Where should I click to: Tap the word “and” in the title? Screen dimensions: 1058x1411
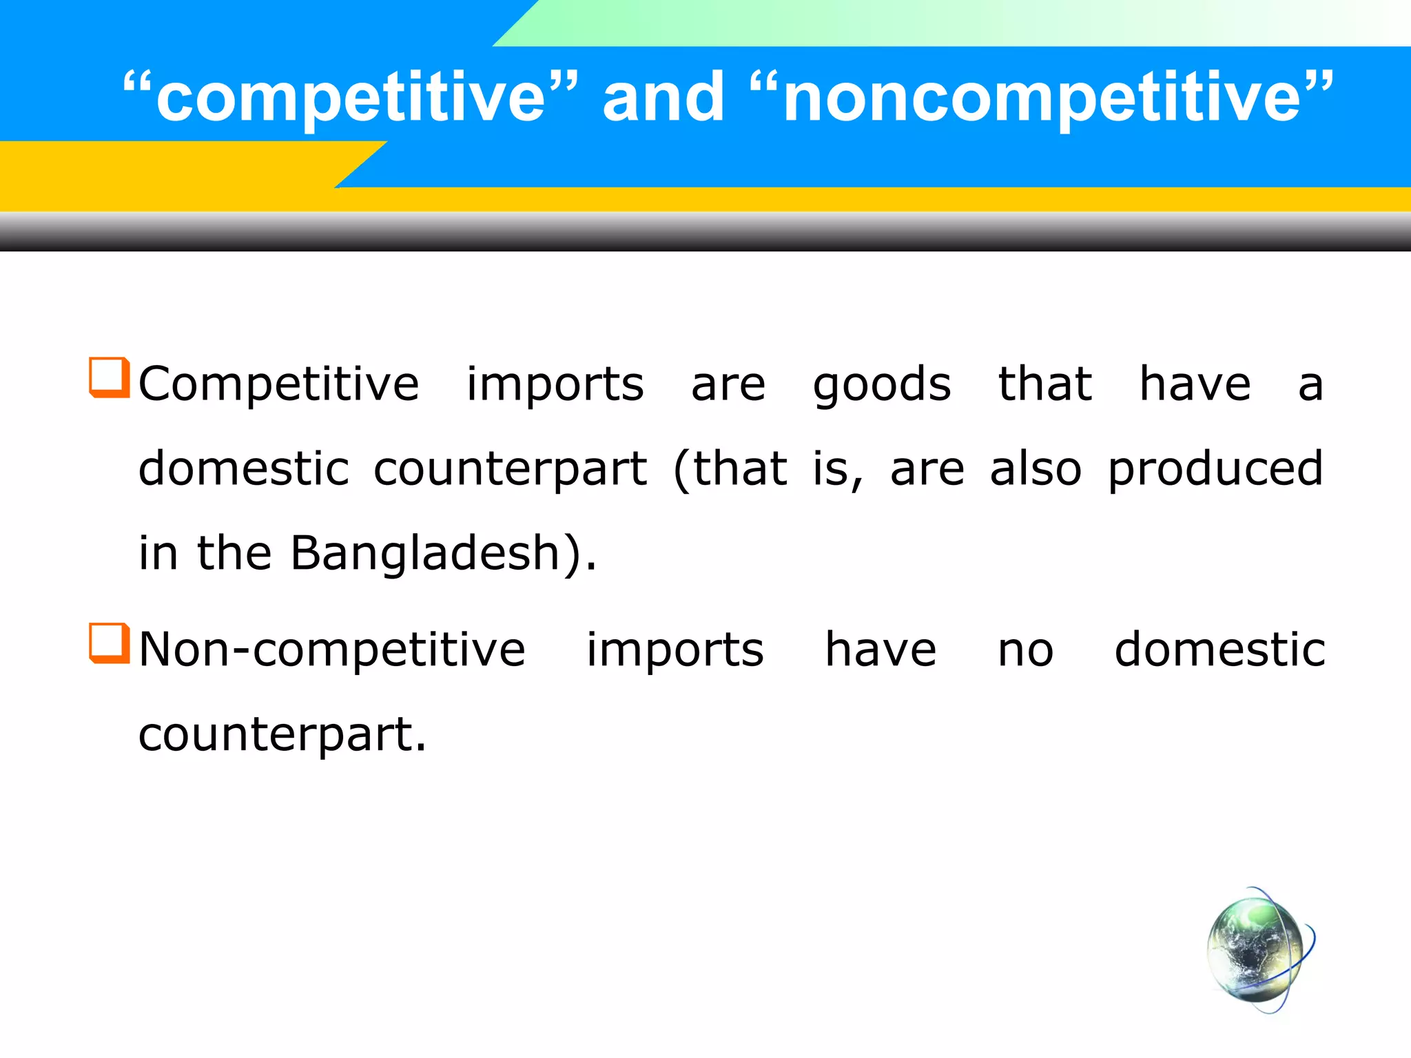pyautogui.click(x=663, y=98)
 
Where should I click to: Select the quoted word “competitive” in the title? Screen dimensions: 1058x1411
pyautogui.click(x=351, y=98)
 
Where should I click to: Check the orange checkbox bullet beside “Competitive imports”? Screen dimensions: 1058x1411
pyautogui.click(x=110, y=377)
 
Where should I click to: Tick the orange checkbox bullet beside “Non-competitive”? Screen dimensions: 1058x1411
pyautogui.click(x=110, y=643)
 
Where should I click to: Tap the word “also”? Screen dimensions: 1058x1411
pyautogui.click(x=1036, y=468)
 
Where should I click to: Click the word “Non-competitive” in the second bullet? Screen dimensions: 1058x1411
pyautogui.click(x=332, y=650)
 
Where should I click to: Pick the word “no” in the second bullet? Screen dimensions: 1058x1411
pyautogui.click(x=1025, y=651)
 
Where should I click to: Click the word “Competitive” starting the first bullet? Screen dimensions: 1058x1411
pyautogui.click(x=279, y=384)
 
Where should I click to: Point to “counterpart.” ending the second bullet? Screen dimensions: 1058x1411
pyautogui.click(x=282, y=736)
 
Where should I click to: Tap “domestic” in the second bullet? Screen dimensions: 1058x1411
pyautogui.click(x=1219, y=650)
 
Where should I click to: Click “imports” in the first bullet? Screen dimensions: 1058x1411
pyautogui.click(x=555, y=384)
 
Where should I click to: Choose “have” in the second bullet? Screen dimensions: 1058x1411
pyautogui.click(x=880, y=650)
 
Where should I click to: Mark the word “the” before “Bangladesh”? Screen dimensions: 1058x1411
pyautogui.click(x=234, y=553)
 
